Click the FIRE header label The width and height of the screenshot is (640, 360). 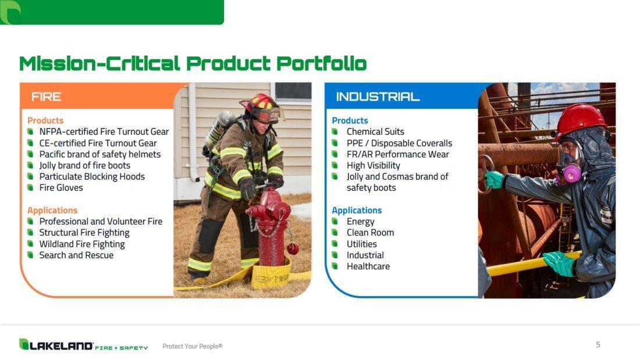[x=46, y=97]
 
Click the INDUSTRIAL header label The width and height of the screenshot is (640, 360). [x=378, y=97]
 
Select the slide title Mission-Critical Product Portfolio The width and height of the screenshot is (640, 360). [x=193, y=63]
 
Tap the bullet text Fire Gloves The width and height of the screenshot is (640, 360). [x=61, y=188]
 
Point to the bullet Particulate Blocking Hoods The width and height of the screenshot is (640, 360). [x=92, y=176]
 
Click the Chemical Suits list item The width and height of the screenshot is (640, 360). [x=375, y=131]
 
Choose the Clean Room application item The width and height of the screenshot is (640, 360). [x=370, y=233]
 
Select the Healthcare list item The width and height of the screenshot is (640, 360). [x=368, y=266]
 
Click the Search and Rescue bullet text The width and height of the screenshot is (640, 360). [x=76, y=255]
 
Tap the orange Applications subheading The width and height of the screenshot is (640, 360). [x=52, y=210]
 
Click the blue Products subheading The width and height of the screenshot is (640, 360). [x=350, y=120]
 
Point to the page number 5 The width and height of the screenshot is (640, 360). [x=598, y=345]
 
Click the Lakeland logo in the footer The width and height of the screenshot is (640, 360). [x=83, y=345]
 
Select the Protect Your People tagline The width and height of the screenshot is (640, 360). [x=192, y=346]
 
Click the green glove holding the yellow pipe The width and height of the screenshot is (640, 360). [x=559, y=263]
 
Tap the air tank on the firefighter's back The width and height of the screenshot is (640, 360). [x=219, y=129]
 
